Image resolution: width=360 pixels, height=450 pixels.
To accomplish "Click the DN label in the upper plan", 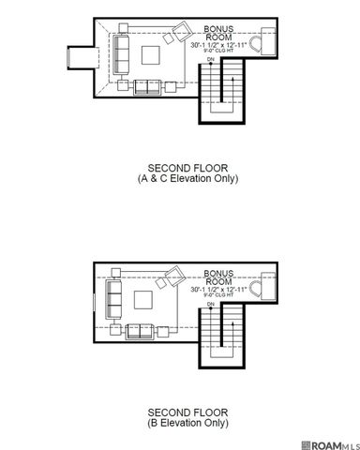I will [x=211, y=60].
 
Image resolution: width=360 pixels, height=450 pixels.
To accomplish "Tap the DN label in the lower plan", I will [x=211, y=305].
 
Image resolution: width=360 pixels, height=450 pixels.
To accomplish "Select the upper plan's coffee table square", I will [x=149, y=55].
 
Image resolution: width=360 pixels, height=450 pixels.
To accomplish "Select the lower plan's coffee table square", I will [x=144, y=300].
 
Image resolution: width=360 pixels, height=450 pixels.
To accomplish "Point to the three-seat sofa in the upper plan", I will [x=119, y=55].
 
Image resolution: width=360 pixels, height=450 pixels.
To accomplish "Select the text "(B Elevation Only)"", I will [x=180, y=423].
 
